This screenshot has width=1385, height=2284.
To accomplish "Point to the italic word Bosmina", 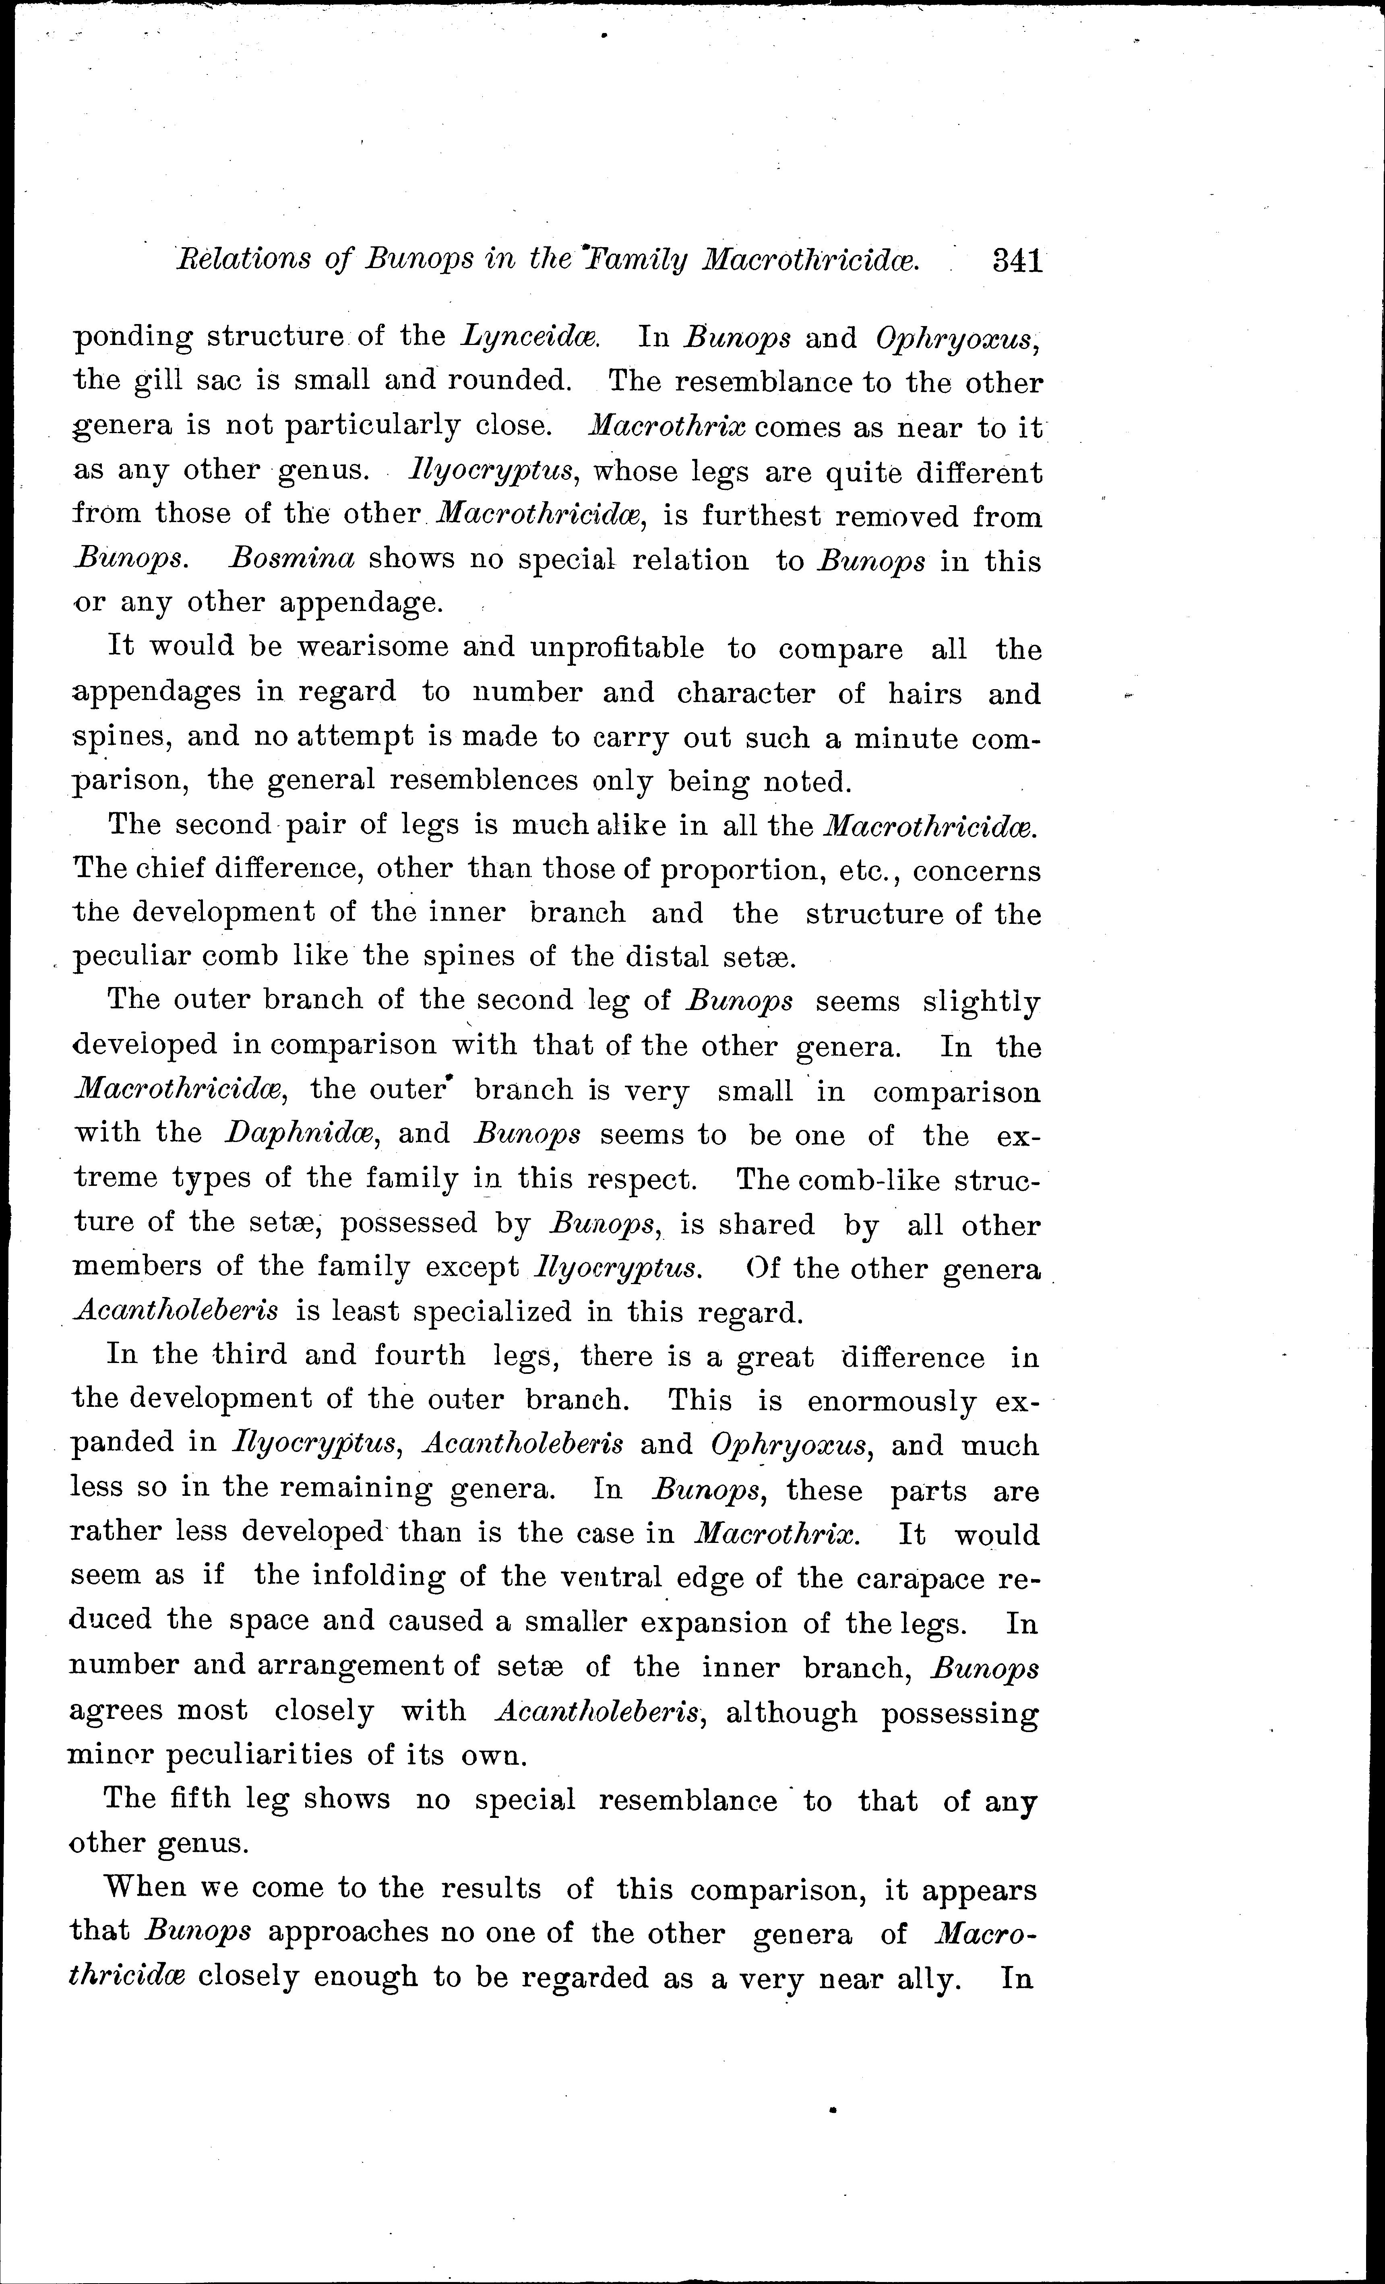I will pyautogui.click(x=292, y=559).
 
